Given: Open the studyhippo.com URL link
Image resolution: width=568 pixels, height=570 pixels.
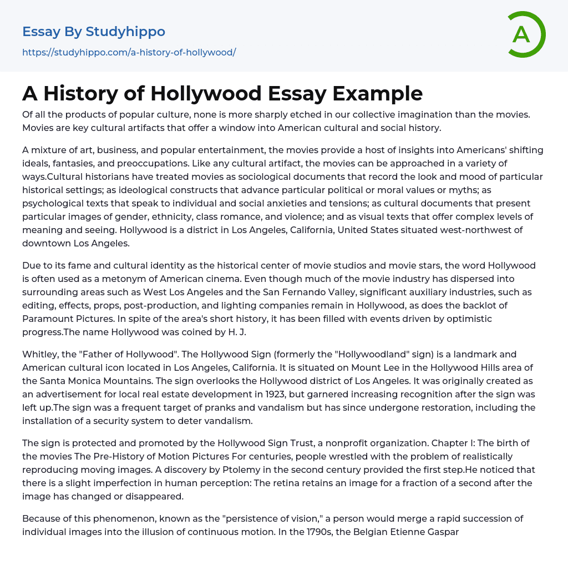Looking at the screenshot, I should [129, 53].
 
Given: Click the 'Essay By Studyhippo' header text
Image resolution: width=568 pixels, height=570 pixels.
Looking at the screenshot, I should [94, 32].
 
